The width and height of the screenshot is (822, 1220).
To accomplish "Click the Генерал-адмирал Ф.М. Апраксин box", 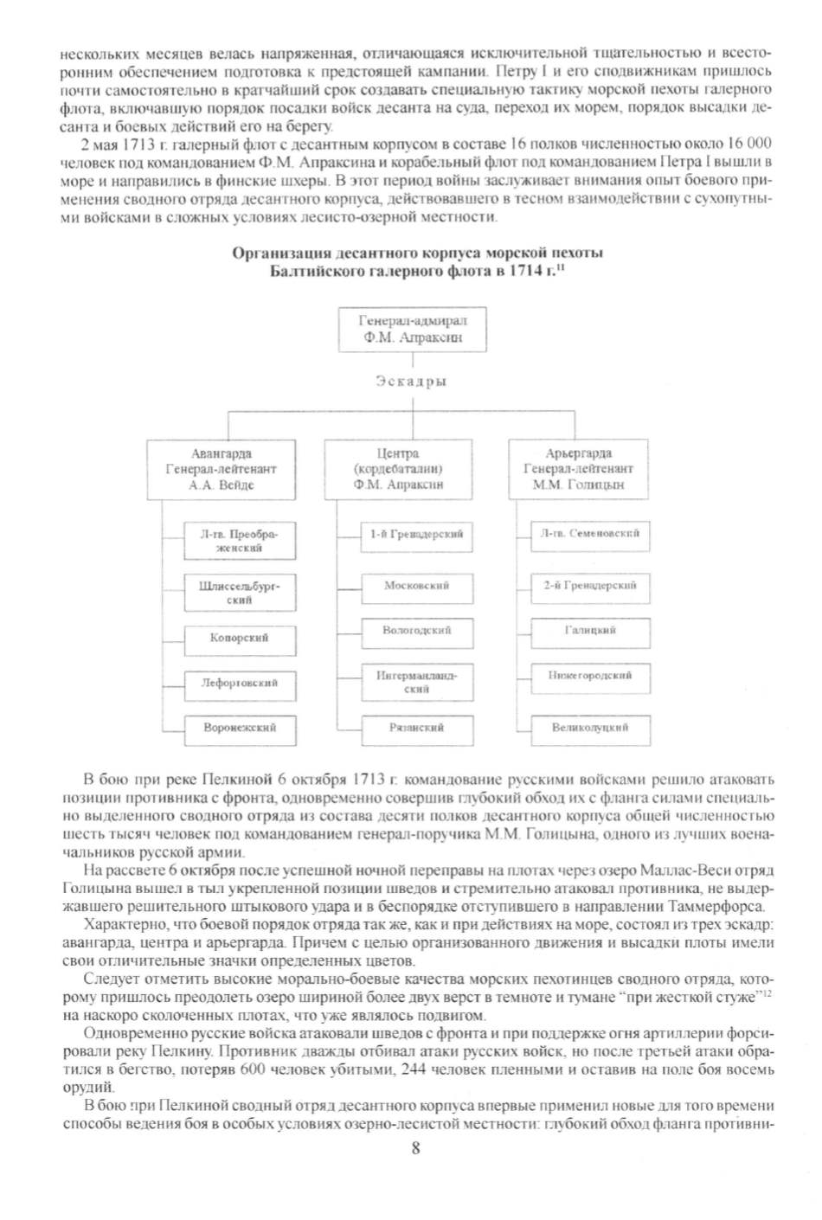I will coord(412,329).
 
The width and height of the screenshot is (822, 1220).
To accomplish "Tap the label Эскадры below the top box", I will coord(411,381).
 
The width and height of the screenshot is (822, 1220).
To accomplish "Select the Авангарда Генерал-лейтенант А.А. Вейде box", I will coord(222,469).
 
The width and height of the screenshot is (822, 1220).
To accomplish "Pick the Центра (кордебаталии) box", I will coord(398,469).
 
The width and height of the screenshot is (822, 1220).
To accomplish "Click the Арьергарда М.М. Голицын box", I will coord(578,469).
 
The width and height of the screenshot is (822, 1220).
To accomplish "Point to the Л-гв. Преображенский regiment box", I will coord(240,541).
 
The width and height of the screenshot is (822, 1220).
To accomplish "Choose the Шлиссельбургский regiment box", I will coord(240,592).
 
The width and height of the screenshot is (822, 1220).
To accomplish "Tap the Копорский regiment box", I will coord(240,639).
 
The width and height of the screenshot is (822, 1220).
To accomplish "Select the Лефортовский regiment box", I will coord(240,684).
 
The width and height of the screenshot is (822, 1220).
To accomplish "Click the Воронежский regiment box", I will coord(240,729).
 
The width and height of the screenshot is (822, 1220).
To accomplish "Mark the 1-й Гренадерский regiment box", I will coord(416,535).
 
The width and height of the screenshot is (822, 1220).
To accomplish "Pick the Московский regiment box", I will coord(416,587).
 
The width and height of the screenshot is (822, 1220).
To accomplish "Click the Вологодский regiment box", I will coord(416,632).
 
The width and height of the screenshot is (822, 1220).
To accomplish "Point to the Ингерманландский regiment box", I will coord(416,682).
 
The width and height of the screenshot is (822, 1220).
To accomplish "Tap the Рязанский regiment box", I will coord(416,729).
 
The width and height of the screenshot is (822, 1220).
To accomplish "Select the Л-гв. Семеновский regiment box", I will coord(590,535).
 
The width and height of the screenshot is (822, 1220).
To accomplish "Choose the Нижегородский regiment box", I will coord(590,676).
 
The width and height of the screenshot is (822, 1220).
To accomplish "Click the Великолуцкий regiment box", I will coord(590,729).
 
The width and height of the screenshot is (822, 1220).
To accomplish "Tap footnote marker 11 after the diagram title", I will coord(560,268).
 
